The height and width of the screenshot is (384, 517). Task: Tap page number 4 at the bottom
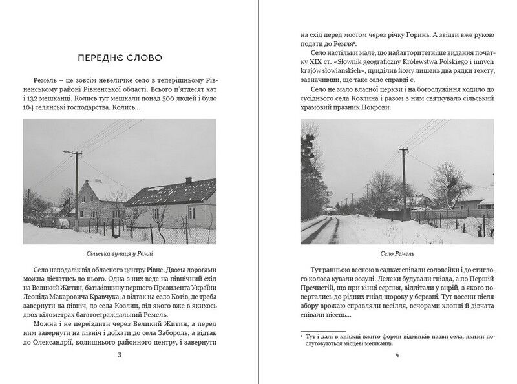397,355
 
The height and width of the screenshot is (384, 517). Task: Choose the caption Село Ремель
397,255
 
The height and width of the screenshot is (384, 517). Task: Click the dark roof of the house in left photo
171,192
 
